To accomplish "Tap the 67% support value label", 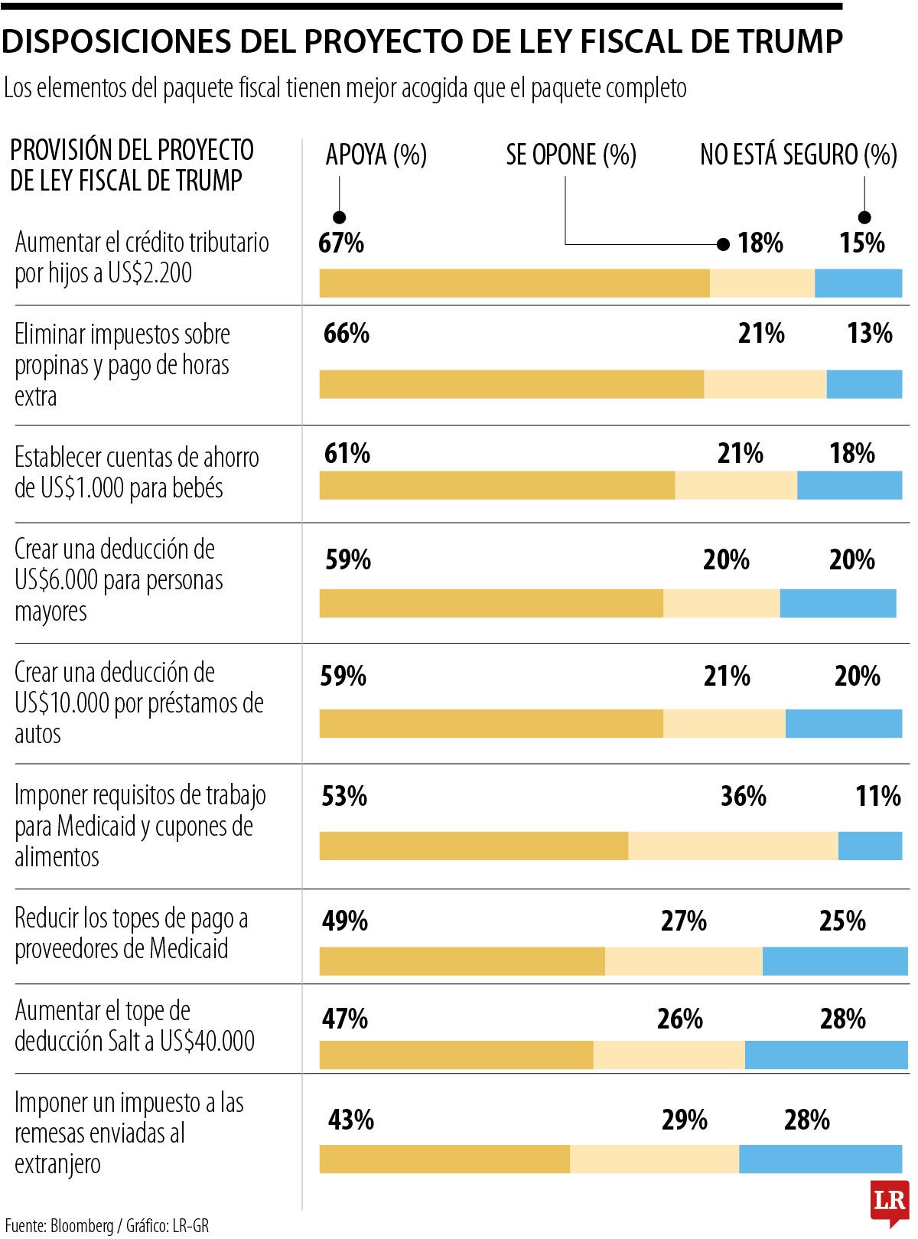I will tap(341, 243).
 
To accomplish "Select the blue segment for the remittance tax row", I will tap(820, 1159).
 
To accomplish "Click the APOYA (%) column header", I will tap(376, 155).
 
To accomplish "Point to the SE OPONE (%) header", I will tap(571, 155).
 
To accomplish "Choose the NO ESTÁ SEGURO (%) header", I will tap(798, 155).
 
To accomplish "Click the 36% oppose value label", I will tap(743, 796).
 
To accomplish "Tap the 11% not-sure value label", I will tap(877, 796).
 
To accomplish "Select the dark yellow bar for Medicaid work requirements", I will tap(474, 846).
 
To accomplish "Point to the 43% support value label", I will tap(351, 1120).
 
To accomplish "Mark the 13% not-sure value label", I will tap(869, 333).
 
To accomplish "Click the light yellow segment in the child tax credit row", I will tap(762, 283).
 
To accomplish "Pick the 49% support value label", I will tap(345, 920).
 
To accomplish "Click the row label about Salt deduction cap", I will tap(135, 1025).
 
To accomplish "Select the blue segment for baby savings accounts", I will tap(849, 485).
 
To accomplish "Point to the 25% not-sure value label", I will tap(842, 920).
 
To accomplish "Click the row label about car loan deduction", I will tap(138, 703).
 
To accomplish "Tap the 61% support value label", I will tap(347, 453).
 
